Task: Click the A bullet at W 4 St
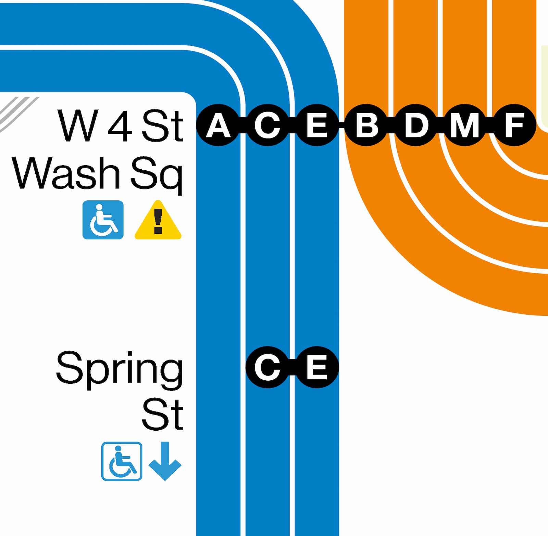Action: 218,125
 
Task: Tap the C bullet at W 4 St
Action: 267,125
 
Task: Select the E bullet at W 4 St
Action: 317,125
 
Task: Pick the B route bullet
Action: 366,125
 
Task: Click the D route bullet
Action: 415,125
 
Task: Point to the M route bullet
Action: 465,125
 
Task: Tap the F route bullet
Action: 514,125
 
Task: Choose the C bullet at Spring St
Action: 267,367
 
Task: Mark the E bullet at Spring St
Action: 317,367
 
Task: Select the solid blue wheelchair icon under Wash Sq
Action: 103,220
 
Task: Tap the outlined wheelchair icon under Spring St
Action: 122,461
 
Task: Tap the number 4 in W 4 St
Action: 120,126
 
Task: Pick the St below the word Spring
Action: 163,414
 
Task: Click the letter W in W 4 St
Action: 77,126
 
